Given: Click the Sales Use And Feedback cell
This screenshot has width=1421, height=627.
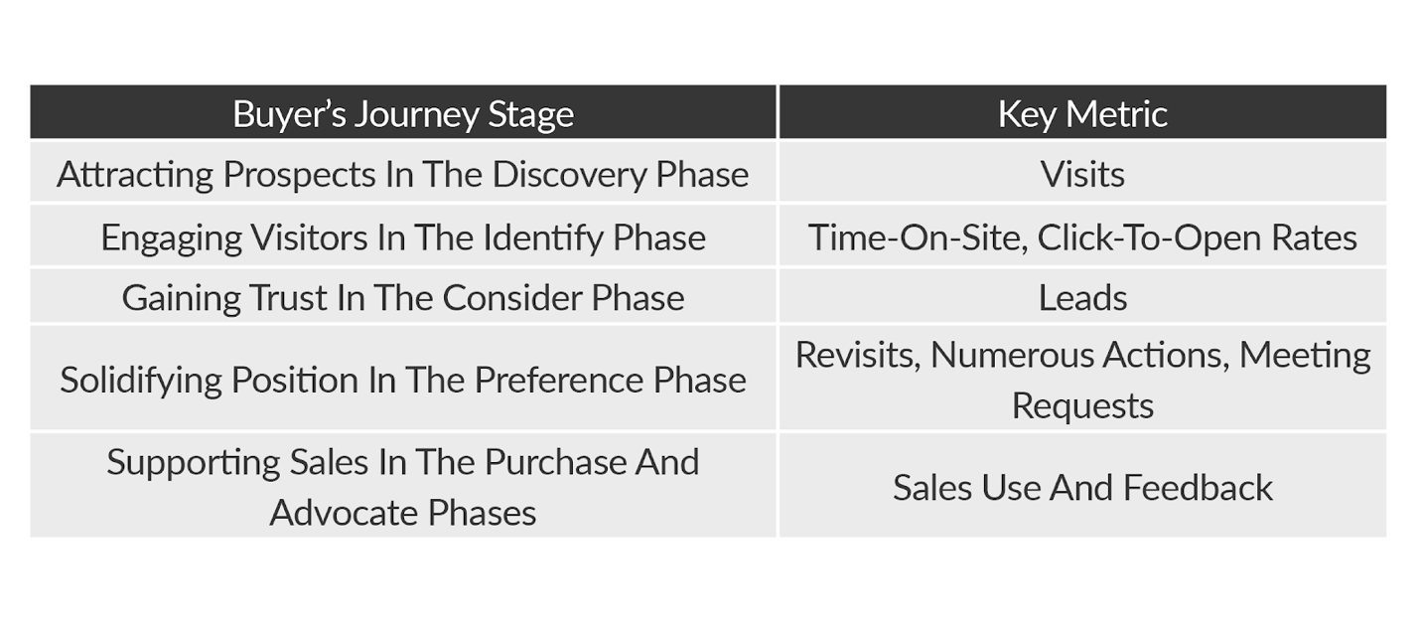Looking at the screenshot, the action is [x=1082, y=487].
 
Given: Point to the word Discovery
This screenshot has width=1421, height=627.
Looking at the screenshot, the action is [x=569, y=175].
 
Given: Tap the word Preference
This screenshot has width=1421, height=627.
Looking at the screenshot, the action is [x=558, y=380].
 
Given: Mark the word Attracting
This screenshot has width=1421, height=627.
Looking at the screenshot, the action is [x=135, y=175].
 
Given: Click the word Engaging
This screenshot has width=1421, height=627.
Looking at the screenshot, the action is [x=171, y=238].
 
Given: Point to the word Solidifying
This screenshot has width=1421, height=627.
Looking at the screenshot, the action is [x=141, y=381].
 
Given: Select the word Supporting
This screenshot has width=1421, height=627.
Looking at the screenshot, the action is [x=194, y=463].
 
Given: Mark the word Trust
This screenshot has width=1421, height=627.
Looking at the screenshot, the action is [x=288, y=298].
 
